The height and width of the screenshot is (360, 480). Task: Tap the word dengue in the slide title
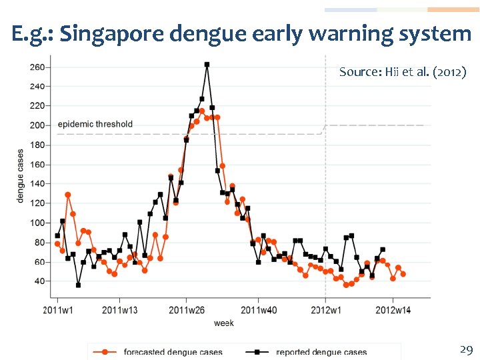[x=199, y=33]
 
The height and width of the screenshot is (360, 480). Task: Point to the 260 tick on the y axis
[x=37, y=67]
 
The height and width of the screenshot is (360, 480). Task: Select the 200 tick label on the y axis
[x=37, y=125]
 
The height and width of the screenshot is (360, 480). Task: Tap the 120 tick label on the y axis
[x=37, y=203]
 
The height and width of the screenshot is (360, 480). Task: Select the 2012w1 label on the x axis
[x=326, y=309]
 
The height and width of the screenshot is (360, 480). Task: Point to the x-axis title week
[x=223, y=323]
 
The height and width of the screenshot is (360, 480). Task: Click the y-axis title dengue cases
[x=21, y=175]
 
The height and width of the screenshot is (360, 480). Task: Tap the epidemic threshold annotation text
[x=95, y=124]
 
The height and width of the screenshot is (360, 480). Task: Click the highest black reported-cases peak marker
[x=207, y=65]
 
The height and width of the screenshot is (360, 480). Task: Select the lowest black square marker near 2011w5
[x=78, y=285]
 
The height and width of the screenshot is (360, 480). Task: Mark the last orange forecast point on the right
[x=403, y=274]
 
